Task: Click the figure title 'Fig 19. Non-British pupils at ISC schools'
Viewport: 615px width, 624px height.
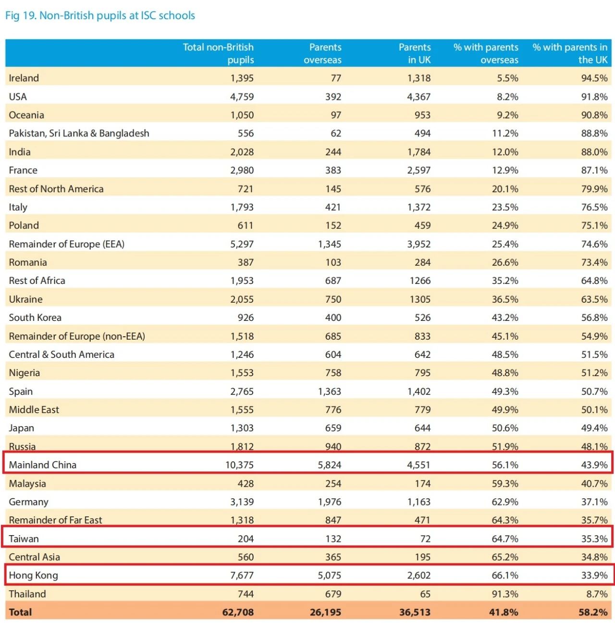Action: coord(100,15)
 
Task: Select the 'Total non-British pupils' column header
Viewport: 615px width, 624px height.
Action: coord(218,53)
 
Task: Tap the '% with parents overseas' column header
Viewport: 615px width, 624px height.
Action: coord(486,53)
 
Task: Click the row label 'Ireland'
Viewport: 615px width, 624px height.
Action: coord(24,78)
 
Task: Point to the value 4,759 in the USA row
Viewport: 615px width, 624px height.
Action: coord(242,97)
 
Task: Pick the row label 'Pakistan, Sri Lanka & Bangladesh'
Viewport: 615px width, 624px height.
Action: coord(79,134)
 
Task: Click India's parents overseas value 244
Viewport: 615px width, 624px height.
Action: coord(333,152)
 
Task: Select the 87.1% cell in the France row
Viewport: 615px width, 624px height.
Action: coord(594,171)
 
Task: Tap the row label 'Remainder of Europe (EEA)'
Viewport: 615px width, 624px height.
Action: coord(66,244)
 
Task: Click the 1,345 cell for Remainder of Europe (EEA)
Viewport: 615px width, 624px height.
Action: coord(330,244)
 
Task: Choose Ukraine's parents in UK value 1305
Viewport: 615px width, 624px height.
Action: coord(420,299)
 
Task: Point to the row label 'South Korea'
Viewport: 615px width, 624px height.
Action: coord(35,318)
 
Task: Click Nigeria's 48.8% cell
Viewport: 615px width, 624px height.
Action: coord(505,373)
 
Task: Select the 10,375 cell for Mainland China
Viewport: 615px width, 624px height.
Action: coord(239,465)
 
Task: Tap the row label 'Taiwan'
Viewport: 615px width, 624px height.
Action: coord(24,539)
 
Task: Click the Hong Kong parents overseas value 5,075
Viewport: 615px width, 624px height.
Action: coord(330,575)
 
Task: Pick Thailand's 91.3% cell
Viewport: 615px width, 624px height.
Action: coord(505,594)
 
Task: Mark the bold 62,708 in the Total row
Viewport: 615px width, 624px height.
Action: coord(238,612)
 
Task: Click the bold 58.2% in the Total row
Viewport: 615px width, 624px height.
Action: coord(593,612)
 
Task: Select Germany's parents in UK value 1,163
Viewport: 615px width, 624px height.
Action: coord(419,502)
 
